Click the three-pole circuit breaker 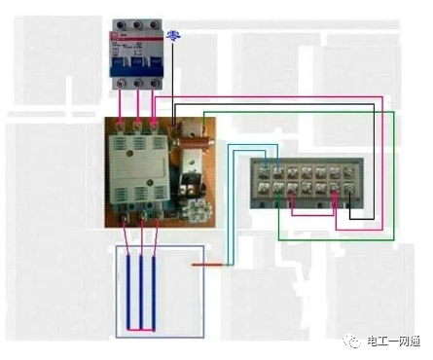(140, 54)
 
